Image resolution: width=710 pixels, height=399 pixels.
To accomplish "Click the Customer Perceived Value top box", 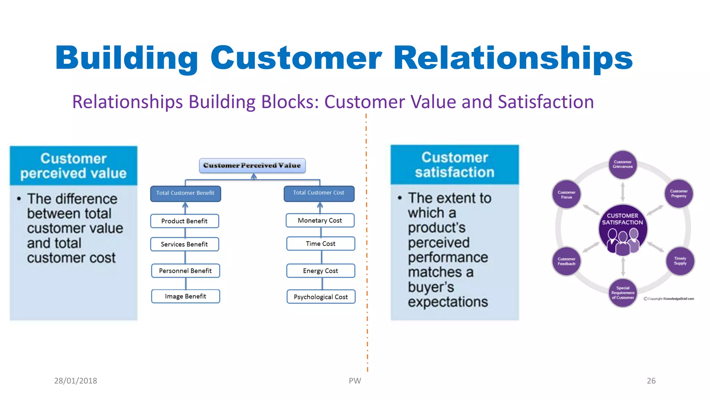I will (252, 166).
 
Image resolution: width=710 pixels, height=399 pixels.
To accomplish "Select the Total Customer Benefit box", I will (185, 193).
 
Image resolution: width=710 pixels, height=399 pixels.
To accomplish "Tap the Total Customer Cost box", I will (319, 193).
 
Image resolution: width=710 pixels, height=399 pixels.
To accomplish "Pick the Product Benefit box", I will (184, 221).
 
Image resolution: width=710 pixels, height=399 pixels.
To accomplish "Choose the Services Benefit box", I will (184, 244).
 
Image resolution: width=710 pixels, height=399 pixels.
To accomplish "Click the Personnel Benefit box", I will (185, 271).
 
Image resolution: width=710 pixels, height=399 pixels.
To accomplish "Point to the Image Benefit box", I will (185, 296).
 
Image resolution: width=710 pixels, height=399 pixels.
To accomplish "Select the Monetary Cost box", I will (320, 221).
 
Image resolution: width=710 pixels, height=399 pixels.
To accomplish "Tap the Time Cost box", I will (320, 244).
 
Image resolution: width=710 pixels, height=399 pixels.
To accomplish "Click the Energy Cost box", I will (320, 271).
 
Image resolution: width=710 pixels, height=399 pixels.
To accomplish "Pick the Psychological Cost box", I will (321, 297).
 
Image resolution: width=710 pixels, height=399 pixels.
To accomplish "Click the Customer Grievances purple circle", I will (623, 165).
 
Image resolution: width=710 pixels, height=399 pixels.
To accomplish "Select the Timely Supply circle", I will (680, 261).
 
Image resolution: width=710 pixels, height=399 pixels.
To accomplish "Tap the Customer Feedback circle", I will (566, 261).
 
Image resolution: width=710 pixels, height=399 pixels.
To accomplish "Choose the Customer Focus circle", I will (566, 195).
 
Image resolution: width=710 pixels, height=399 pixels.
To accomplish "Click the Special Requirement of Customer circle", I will (623, 293).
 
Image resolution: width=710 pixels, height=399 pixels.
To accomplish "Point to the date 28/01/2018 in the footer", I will (76, 381).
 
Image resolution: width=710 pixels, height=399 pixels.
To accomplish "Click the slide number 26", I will (651, 381).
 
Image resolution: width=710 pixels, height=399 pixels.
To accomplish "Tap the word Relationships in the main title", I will (513, 58).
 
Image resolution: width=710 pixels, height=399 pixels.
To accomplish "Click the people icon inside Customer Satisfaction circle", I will (623, 241).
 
